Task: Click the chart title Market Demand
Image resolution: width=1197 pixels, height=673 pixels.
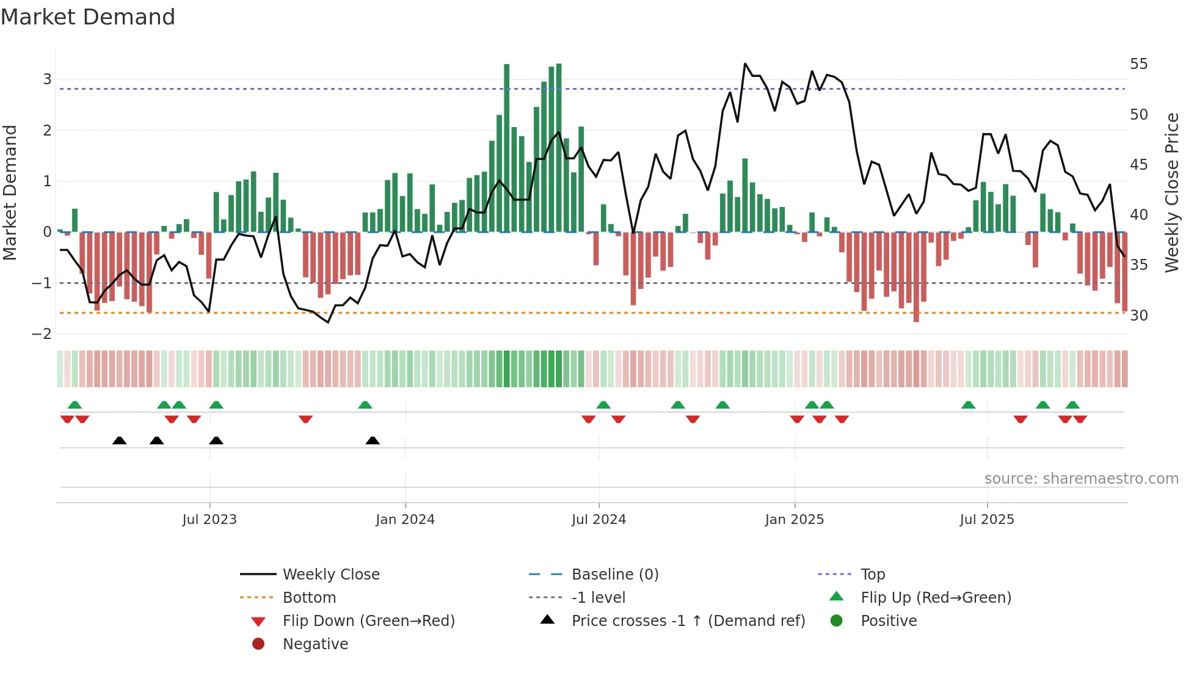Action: pyautogui.click(x=88, y=17)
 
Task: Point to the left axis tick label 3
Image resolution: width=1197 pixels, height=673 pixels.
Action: pyautogui.click(x=47, y=79)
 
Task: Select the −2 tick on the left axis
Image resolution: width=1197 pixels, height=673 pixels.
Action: pyautogui.click(x=42, y=334)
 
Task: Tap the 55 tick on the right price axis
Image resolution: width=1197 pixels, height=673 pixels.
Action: pyautogui.click(x=1138, y=64)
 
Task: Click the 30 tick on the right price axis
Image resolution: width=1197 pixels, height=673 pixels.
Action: pyautogui.click(x=1138, y=316)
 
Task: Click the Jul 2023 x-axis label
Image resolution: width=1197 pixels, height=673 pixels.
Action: pyautogui.click(x=209, y=520)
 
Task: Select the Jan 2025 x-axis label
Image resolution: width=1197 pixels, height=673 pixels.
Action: pyautogui.click(x=794, y=520)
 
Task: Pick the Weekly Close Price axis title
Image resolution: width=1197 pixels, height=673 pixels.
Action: pyautogui.click(x=1171, y=192)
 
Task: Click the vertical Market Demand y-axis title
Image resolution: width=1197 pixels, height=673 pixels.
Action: pyautogui.click(x=10, y=192)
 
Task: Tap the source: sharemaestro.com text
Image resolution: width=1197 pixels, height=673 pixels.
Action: pyautogui.click(x=1081, y=479)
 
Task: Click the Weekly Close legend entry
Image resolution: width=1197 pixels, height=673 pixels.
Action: pyautogui.click(x=330, y=575)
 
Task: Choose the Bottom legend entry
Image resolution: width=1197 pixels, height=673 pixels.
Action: pyautogui.click(x=309, y=598)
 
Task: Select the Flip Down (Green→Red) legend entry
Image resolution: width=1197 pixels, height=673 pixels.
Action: pyautogui.click(x=368, y=621)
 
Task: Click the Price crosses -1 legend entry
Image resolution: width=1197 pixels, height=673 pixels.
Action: pyautogui.click(x=688, y=621)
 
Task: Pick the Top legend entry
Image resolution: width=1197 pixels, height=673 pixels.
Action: pyautogui.click(x=873, y=575)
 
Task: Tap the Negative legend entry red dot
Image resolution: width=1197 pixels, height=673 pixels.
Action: pyautogui.click(x=258, y=644)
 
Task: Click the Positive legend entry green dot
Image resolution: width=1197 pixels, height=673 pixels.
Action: pyautogui.click(x=837, y=621)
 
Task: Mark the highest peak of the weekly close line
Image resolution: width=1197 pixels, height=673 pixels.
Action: pyautogui.click(x=745, y=64)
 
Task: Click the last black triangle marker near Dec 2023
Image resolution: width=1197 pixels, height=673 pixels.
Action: pyautogui.click(x=373, y=440)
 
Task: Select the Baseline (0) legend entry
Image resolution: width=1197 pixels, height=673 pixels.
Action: pyautogui.click(x=614, y=575)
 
